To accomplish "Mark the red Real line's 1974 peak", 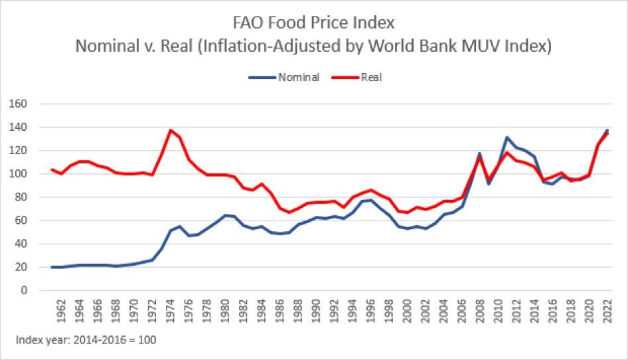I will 171,130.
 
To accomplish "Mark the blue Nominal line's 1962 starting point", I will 52,267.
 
